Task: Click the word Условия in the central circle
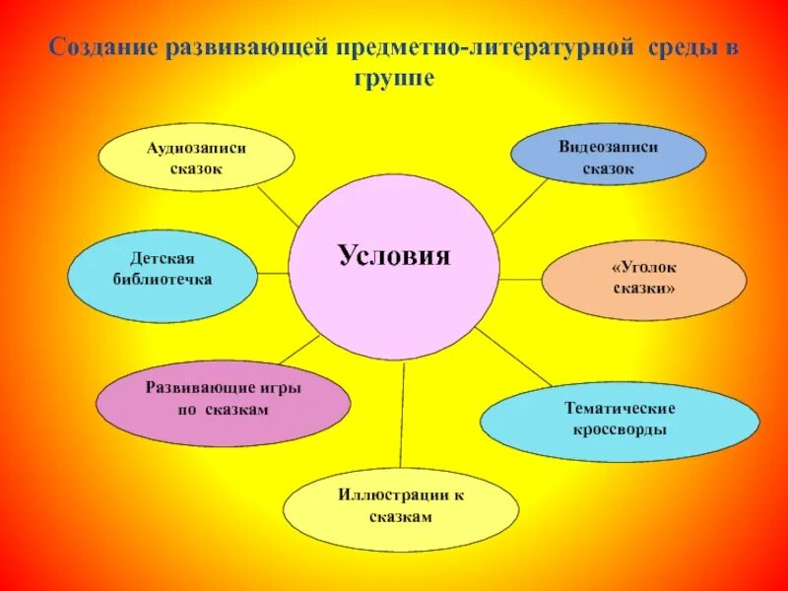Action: click(394, 256)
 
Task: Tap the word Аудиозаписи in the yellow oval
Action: click(196, 148)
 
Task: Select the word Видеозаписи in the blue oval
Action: click(608, 147)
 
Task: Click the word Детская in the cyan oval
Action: click(163, 259)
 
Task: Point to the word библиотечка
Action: click(163, 280)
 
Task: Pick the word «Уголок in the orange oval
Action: click(644, 268)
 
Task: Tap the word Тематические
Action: click(620, 409)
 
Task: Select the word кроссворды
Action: click(620, 430)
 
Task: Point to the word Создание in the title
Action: click(94, 48)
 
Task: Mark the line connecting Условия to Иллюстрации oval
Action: click(403, 414)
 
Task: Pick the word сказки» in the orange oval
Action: click(644, 290)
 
